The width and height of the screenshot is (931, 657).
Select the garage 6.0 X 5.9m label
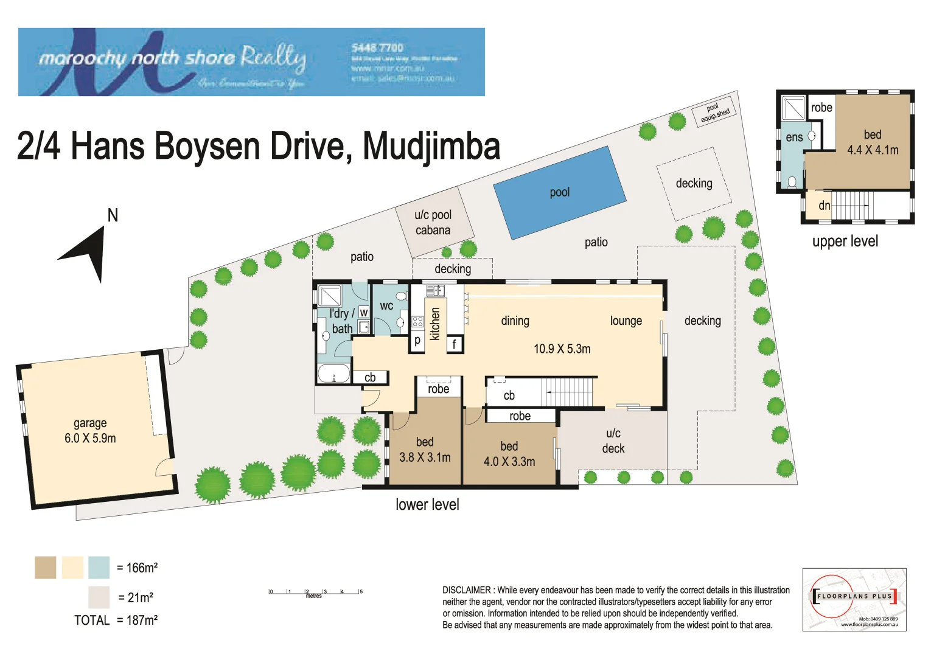pyautogui.click(x=90, y=431)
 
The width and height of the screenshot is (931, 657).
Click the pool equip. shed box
pyautogui.click(x=714, y=113)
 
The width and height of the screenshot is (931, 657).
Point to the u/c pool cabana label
pyautogui.click(x=433, y=223)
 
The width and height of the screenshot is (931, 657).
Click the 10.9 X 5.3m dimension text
pyautogui.click(x=562, y=349)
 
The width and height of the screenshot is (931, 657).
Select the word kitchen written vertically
pyautogui.click(x=435, y=323)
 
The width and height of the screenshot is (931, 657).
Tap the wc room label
pyautogui.click(x=386, y=306)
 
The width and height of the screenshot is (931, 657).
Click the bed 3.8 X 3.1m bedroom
pyautogui.click(x=425, y=450)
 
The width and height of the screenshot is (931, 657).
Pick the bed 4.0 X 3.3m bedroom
pyautogui.click(x=509, y=454)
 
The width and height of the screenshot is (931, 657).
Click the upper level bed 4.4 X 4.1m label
pyautogui.click(x=873, y=142)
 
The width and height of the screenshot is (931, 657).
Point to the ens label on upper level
pyautogui.click(x=794, y=137)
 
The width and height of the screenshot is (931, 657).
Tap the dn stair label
pyautogui.click(x=824, y=206)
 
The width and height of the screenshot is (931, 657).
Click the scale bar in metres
pyautogui.click(x=316, y=592)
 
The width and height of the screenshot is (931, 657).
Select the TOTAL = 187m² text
pyautogui.click(x=116, y=620)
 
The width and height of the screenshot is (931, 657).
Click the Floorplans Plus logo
pyautogui.click(x=854, y=599)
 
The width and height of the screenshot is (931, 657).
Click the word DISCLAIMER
pyautogui.click(x=466, y=590)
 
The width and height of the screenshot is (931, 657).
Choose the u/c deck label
pyautogui.click(x=613, y=441)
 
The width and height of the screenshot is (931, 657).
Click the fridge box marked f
pyautogui.click(x=454, y=344)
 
